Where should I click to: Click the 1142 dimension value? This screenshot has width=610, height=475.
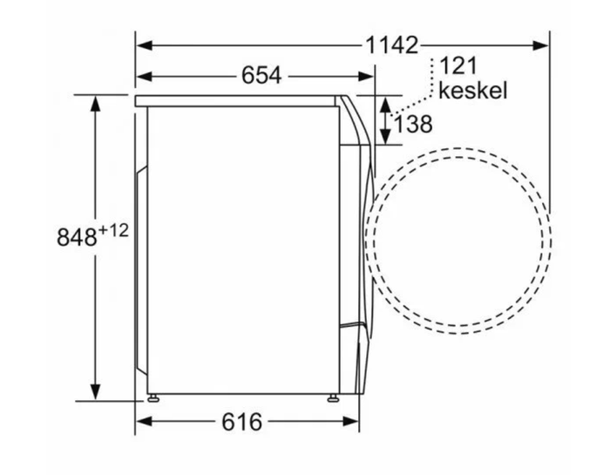coord(392,45)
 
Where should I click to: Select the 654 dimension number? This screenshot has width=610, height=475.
coord(261,76)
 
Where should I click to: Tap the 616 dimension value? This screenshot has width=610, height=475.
coord(242,421)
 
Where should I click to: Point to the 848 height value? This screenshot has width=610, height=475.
coord(77,237)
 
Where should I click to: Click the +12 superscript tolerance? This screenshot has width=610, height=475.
coord(113,231)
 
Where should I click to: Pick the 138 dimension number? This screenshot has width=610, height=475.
coord(413,124)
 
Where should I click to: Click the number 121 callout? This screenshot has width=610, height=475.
coord(457,65)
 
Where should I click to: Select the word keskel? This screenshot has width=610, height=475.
coord(472,91)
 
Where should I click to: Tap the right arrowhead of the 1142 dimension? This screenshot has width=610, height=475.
coord(541,45)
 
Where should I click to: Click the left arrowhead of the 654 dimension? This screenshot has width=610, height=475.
coord(144,76)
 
